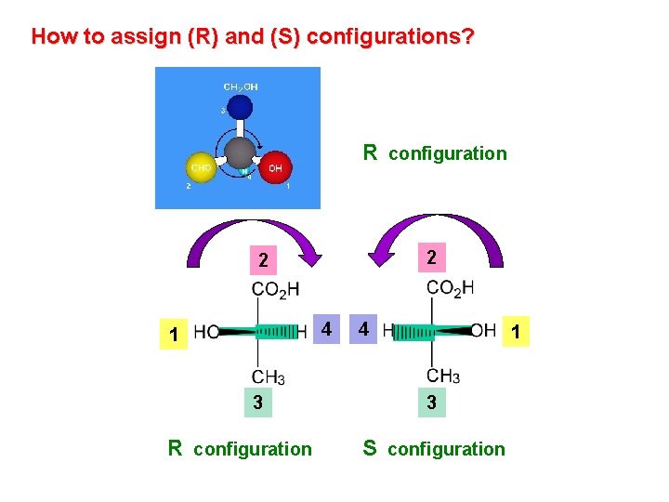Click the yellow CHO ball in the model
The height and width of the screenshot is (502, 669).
[200, 168]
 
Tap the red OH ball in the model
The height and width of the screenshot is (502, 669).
[275, 168]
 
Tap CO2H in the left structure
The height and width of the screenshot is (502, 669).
[275, 289]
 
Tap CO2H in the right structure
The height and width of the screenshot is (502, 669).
[450, 287]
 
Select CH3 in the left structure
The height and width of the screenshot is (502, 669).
[269, 376]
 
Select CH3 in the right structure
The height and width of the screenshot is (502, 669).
[443, 376]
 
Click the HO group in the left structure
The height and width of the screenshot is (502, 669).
[207, 332]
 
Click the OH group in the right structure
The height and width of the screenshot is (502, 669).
[482, 330]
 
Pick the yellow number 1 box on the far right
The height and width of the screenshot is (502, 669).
[516, 331]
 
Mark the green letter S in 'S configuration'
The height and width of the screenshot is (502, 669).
[370, 448]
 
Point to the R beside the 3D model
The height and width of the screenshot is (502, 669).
[370, 152]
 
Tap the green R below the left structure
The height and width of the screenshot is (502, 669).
[175, 448]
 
